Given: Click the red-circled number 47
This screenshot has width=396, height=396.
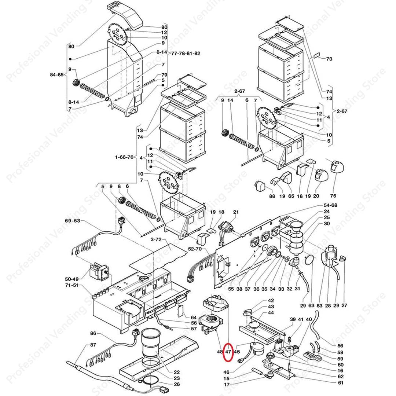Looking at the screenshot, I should pyautogui.click(x=228, y=351).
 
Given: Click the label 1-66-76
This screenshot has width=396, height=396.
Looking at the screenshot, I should pyautogui.click(x=124, y=157).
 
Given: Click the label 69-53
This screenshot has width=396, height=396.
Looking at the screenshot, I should pyautogui.click(x=72, y=221).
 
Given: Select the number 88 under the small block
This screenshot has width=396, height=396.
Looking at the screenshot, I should pyautogui.click(x=272, y=196).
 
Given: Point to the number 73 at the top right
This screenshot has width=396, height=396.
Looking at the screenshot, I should pyautogui.click(x=329, y=59).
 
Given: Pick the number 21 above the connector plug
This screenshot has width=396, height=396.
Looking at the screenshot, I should pyautogui.click(x=236, y=212).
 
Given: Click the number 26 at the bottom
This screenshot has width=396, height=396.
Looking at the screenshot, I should pyautogui.click(x=177, y=384).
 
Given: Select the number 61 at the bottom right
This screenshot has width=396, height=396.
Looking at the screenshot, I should pyautogui.click(x=341, y=383).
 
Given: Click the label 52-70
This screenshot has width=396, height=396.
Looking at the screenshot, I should pyautogui.click(x=195, y=249).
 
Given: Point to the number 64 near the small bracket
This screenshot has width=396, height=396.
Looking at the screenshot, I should pyautogui.click(x=194, y=317).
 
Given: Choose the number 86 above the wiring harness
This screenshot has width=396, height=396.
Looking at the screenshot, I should pyautogui.click(x=93, y=333).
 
